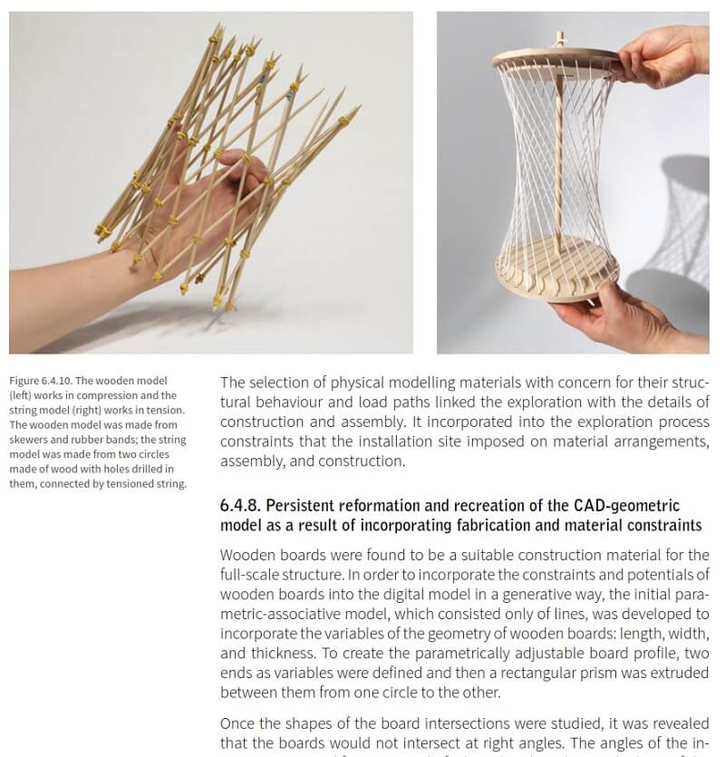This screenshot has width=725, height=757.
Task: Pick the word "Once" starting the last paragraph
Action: [237, 724]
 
